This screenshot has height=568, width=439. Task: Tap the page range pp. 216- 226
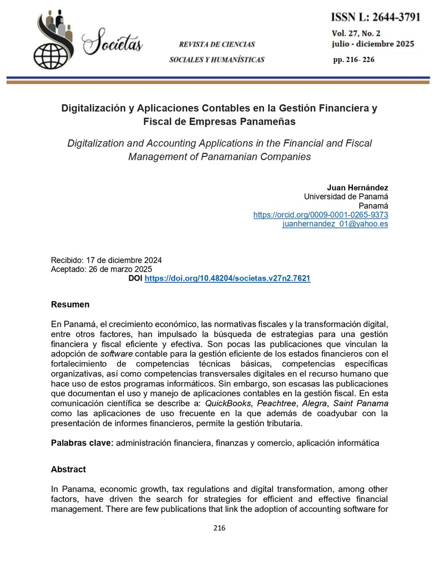tap(354, 59)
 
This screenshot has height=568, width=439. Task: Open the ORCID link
tap(320, 215)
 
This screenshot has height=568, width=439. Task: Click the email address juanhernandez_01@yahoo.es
tap(335, 224)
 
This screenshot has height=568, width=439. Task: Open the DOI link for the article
tap(227, 278)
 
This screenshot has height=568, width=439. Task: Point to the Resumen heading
tap(70, 305)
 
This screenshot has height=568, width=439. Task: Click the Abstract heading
tap(68, 469)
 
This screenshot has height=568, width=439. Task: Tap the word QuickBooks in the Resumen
tap(227, 403)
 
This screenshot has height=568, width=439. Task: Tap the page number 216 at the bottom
tap(219, 528)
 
